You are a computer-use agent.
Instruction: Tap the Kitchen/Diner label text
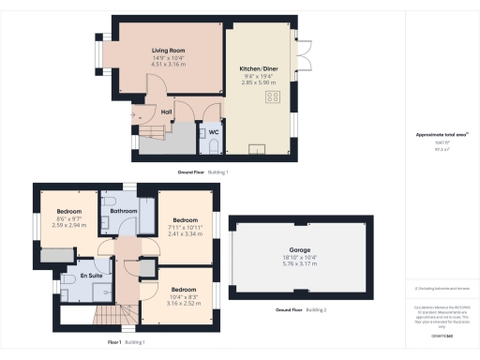pos(259,68)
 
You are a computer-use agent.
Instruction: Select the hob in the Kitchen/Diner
pos(275,96)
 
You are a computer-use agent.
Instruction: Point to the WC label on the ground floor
pos(213,132)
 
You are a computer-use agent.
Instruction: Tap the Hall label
pos(166,112)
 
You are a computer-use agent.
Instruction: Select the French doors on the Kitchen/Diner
pos(301,52)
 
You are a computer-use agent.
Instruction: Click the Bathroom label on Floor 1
pos(124,212)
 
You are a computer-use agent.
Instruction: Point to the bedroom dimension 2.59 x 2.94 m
pos(69,226)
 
